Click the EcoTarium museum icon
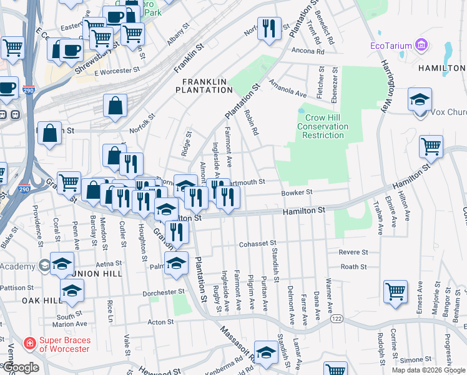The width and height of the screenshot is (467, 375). pos(421,45)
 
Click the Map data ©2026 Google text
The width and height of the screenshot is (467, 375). pos(428,370)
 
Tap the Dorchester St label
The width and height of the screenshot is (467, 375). pos(159,291)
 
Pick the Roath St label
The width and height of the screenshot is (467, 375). pos(353,266)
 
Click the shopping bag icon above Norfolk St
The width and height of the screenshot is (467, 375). pos(116,106)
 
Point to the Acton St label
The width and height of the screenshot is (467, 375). pos(160,322)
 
